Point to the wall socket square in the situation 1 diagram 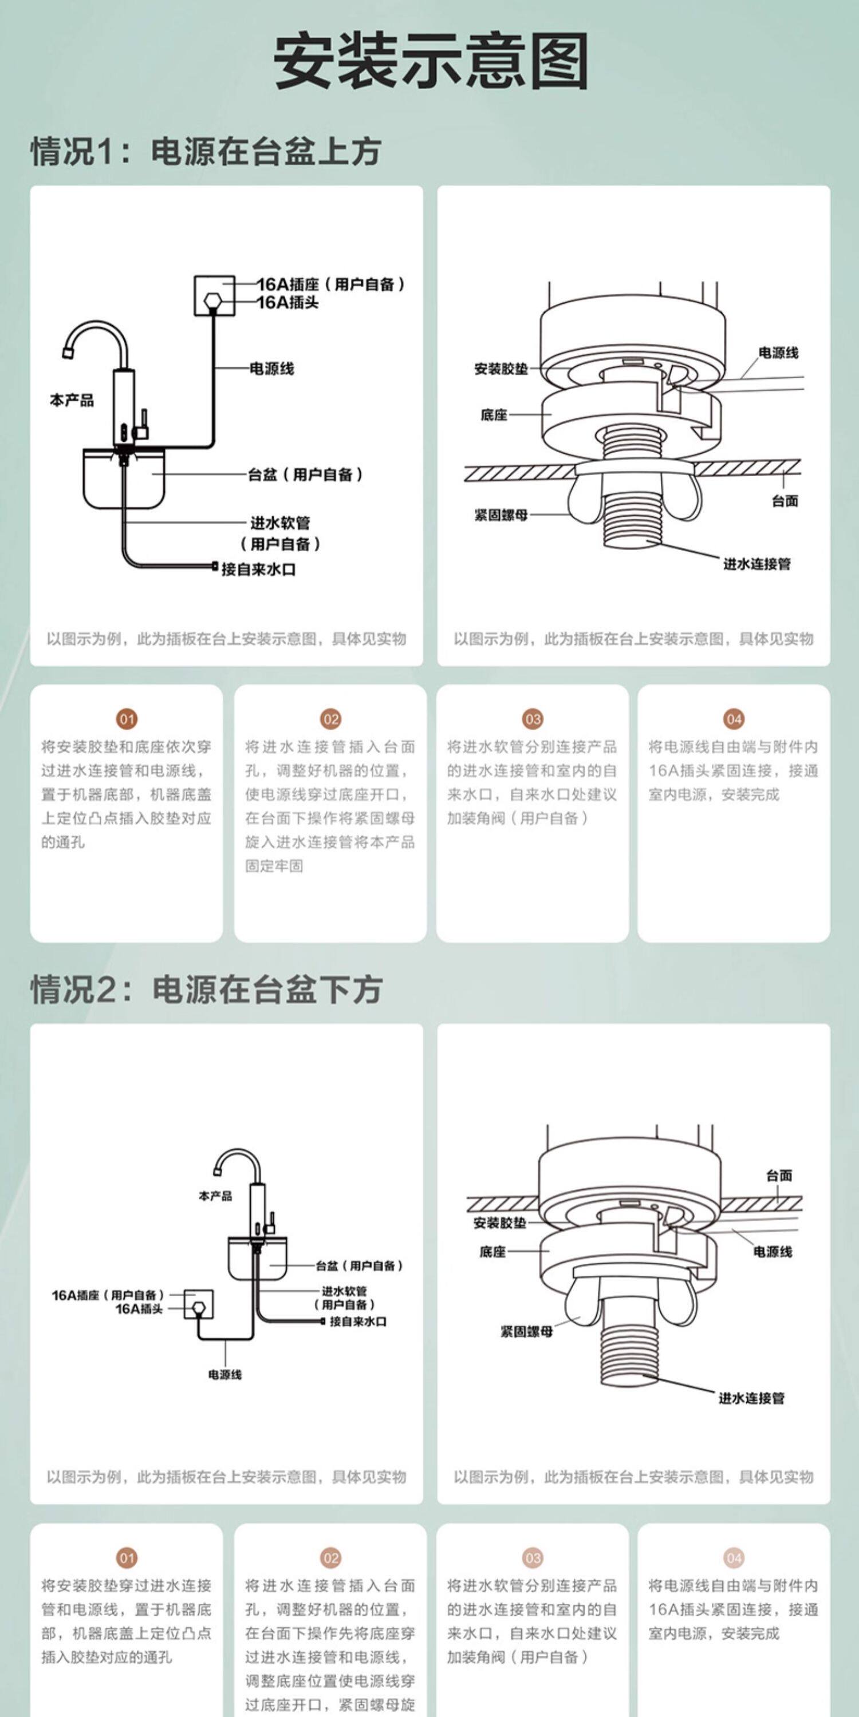214,295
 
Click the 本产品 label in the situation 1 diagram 72,400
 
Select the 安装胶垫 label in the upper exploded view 501,369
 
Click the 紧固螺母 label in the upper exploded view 501,515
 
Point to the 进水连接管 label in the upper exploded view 757,564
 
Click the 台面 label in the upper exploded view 785,501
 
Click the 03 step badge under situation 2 532,1558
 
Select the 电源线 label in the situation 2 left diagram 224,1374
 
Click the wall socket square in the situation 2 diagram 199,1304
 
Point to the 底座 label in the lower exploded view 493,1252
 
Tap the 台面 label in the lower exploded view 779,1175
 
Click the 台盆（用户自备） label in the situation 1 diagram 305,474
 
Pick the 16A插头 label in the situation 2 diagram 139,1309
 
